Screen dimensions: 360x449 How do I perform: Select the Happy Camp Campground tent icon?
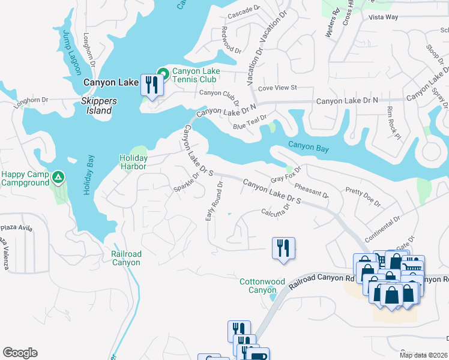point(58,177)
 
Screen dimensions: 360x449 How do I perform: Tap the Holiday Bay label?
point(88,175)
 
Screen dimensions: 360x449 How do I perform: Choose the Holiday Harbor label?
point(133,162)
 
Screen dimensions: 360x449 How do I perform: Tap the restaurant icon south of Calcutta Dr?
point(283,248)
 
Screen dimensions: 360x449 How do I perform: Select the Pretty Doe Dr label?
point(363,196)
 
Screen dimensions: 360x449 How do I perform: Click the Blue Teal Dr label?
point(250,122)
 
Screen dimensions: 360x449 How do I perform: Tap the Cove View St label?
point(277,88)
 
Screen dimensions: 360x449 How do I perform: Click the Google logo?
point(20,353)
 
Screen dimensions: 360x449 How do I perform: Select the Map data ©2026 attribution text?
point(424,355)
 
